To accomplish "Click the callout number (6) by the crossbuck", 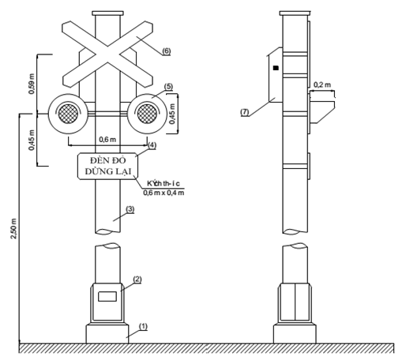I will tap(166, 51).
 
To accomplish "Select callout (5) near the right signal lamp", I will tap(167, 86).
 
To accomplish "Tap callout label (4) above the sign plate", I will tap(152, 145).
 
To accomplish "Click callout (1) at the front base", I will tap(143, 326).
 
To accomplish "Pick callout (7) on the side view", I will tap(245, 113).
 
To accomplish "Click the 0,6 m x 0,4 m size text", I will tap(164, 192).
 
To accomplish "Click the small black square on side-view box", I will tap(275, 69).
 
